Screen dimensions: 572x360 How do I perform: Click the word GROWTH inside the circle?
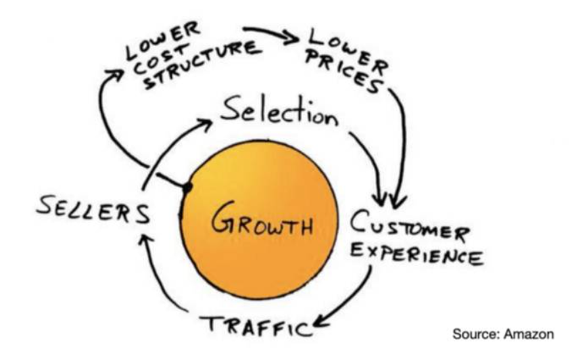[x=262, y=219]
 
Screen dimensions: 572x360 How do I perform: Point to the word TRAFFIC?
[x=256, y=325]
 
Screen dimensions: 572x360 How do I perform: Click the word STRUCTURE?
[x=203, y=64]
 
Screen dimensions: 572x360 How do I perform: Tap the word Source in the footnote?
[x=476, y=334]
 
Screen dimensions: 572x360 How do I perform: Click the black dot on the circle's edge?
[x=187, y=187]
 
